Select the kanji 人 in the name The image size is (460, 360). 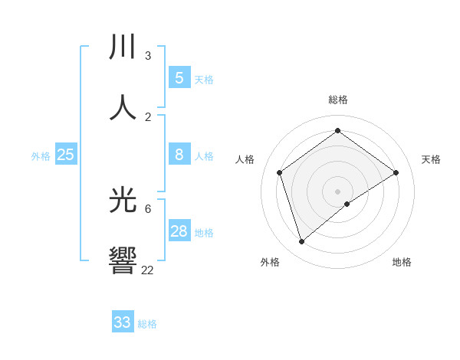pos(123,107)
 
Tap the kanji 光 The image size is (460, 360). pos(123,201)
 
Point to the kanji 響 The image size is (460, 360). pos(123,260)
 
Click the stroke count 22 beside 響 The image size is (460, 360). pos(147,270)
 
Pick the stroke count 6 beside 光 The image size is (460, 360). pos(147,208)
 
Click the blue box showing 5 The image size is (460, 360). pos(179,77)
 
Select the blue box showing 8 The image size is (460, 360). pos(179,155)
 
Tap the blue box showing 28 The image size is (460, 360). pos(179,231)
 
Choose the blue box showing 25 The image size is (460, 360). pos(65,155)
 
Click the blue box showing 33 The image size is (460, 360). pos(123,322)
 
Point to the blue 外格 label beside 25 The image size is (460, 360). pos(41,156)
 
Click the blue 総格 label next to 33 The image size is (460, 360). pos(147,324)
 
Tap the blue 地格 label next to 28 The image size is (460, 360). pos(204,233)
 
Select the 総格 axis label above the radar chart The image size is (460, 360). pos(338,100)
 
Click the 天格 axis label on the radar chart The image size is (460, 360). pos(432,159)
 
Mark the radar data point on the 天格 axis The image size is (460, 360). pos(396,172)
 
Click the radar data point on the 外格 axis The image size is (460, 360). pos(302,242)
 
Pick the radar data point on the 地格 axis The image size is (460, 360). pos(347,204)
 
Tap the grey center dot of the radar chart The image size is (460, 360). pos(338,191)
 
